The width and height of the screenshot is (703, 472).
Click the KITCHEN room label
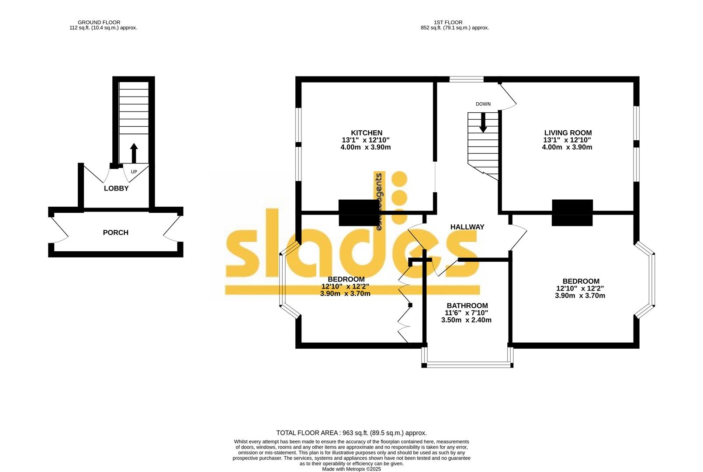click(366, 133)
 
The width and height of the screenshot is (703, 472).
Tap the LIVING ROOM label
click(568, 133)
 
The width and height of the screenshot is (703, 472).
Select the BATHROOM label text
click(467, 305)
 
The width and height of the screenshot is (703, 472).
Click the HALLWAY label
click(467, 227)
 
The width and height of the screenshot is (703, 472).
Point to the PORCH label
click(115, 233)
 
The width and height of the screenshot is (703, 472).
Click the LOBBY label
click(116, 188)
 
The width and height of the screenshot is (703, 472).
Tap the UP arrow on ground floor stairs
click(134, 153)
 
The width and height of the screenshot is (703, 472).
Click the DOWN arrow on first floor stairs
click(483, 123)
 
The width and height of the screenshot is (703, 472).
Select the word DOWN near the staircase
click(483, 104)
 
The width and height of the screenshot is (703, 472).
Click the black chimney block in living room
click(572, 212)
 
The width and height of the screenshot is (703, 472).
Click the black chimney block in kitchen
click(359, 212)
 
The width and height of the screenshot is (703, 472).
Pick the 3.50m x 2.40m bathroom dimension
click(466, 320)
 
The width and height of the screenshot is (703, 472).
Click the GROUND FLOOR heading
click(99, 22)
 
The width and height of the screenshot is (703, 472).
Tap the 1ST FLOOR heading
click(448, 22)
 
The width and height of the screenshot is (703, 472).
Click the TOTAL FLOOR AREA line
click(351, 433)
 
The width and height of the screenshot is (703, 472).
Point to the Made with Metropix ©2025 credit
click(351, 469)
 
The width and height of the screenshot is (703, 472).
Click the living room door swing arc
click(509, 97)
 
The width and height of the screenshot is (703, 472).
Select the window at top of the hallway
click(467, 80)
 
